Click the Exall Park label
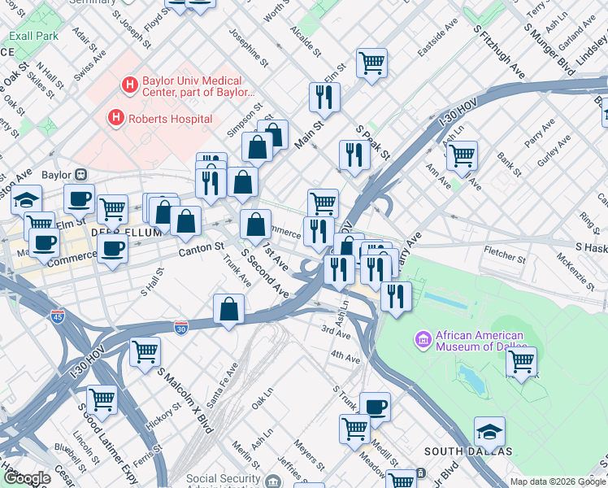coord(34,36)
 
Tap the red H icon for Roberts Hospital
coord(116,119)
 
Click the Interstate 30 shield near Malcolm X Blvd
coord(181,327)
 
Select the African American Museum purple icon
coord(423,338)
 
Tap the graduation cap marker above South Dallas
coord(489,431)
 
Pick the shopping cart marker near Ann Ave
coord(462,155)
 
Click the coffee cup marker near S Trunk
coord(375,406)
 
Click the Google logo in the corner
coord(27,478)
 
